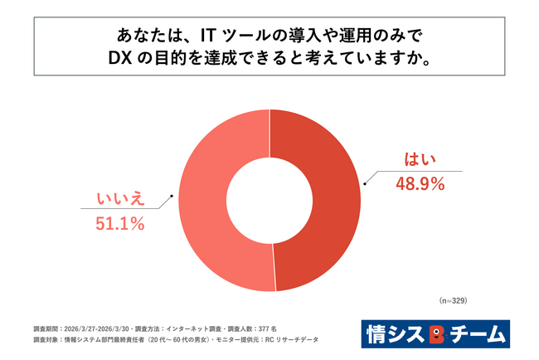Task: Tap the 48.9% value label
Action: (420, 184)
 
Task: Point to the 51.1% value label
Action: (119, 224)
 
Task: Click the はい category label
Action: (420, 159)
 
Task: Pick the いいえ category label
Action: (120, 199)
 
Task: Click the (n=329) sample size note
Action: (453, 300)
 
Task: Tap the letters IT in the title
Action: (208, 36)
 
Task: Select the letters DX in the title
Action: (120, 58)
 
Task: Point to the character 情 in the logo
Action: (376, 334)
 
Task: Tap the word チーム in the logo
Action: (478, 334)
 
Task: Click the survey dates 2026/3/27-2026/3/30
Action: (96, 329)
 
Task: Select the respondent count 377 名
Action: (268, 329)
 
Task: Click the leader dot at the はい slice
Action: (365, 184)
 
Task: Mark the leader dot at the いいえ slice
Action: (172, 196)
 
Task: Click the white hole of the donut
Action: (269, 201)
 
